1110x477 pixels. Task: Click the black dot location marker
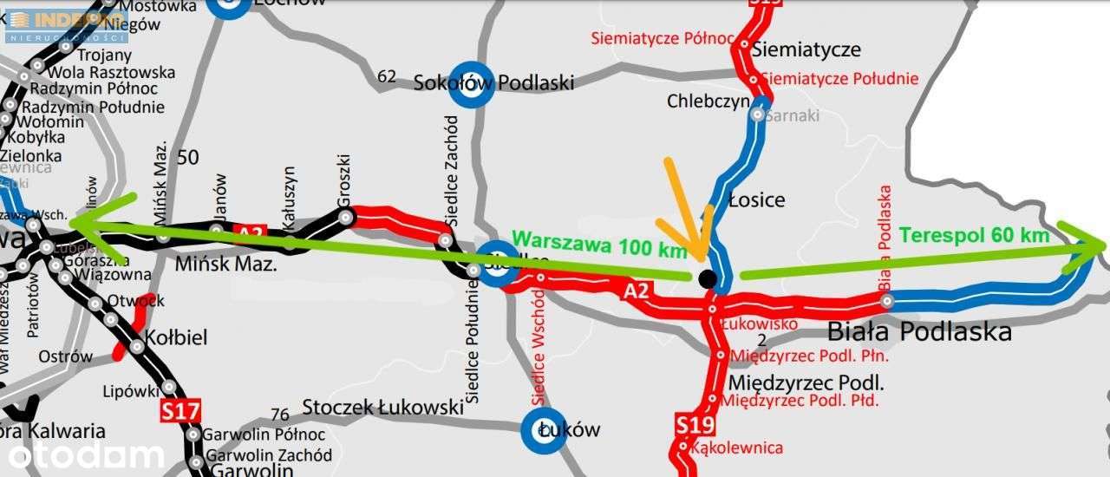(x=708, y=278)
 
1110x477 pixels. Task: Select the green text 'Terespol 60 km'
(x=975, y=235)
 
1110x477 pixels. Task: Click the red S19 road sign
(x=695, y=425)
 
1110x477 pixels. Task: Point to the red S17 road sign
(x=180, y=411)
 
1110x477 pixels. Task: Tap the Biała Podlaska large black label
(x=919, y=331)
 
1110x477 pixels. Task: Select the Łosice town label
(x=756, y=199)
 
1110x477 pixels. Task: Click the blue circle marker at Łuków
(x=545, y=431)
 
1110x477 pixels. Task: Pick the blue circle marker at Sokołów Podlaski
(x=473, y=83)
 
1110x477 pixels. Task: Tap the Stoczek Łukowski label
(x=382, y=407)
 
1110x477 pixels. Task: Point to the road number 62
(x=387, y=76)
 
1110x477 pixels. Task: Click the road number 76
(x=280, y=415)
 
